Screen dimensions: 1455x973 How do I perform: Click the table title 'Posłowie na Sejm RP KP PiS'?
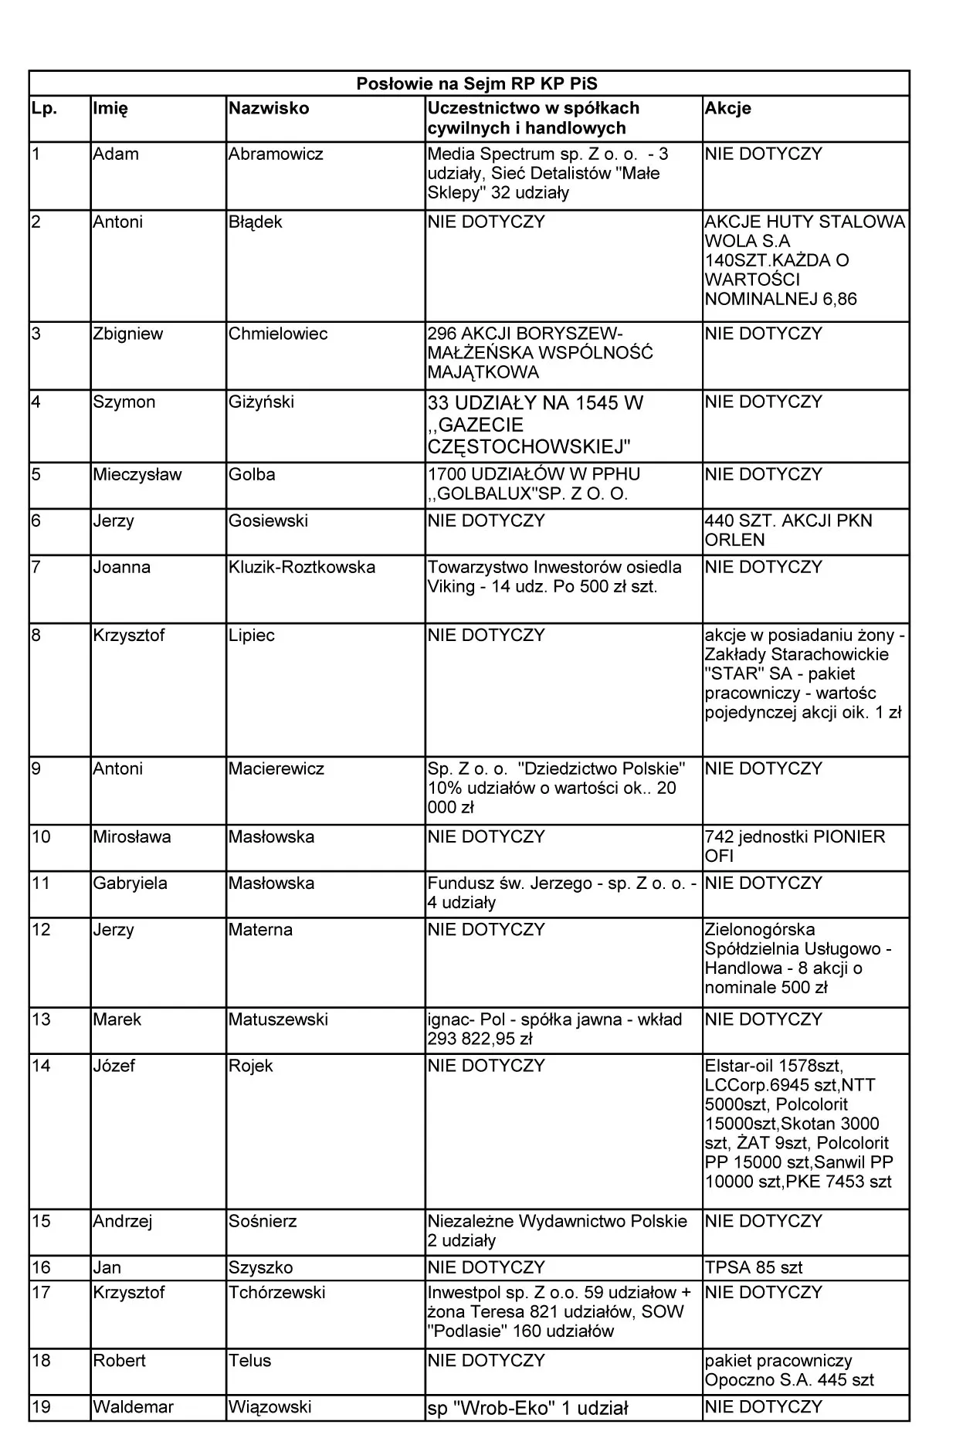tap(476, 84)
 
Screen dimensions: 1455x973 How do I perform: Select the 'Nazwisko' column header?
tap(269, 109)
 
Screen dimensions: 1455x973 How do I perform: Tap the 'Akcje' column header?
tap(727, 109)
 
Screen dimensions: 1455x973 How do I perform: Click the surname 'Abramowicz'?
tap(276, 154)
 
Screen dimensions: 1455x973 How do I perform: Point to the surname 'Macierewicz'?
tap(276, 769)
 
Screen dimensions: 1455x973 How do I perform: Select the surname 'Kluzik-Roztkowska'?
tap(302, 568)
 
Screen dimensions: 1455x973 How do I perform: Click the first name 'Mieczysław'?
tap(137, 475)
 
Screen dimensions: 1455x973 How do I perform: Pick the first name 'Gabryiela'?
tap(130, 884)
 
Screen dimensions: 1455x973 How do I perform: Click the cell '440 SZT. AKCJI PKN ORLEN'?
tap(788, 531)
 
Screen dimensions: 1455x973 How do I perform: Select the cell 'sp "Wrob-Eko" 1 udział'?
tap(527, 1408)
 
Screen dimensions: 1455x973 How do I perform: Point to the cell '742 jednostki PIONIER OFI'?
tap(795, 846)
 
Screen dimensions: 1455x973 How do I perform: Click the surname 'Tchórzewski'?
tap(277, 1292)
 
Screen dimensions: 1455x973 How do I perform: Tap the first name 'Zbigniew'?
tap(128, 334)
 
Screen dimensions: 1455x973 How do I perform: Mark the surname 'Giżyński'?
tap(261, 402)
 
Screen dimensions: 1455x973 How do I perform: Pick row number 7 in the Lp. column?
tap(37, 568)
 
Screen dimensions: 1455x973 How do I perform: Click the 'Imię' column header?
tap(110, 109)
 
